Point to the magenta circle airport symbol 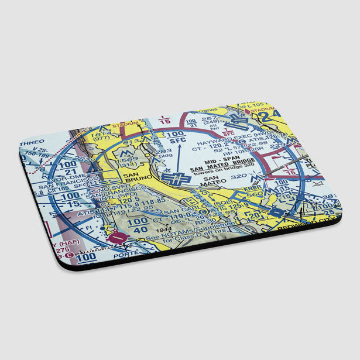point(119,238)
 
